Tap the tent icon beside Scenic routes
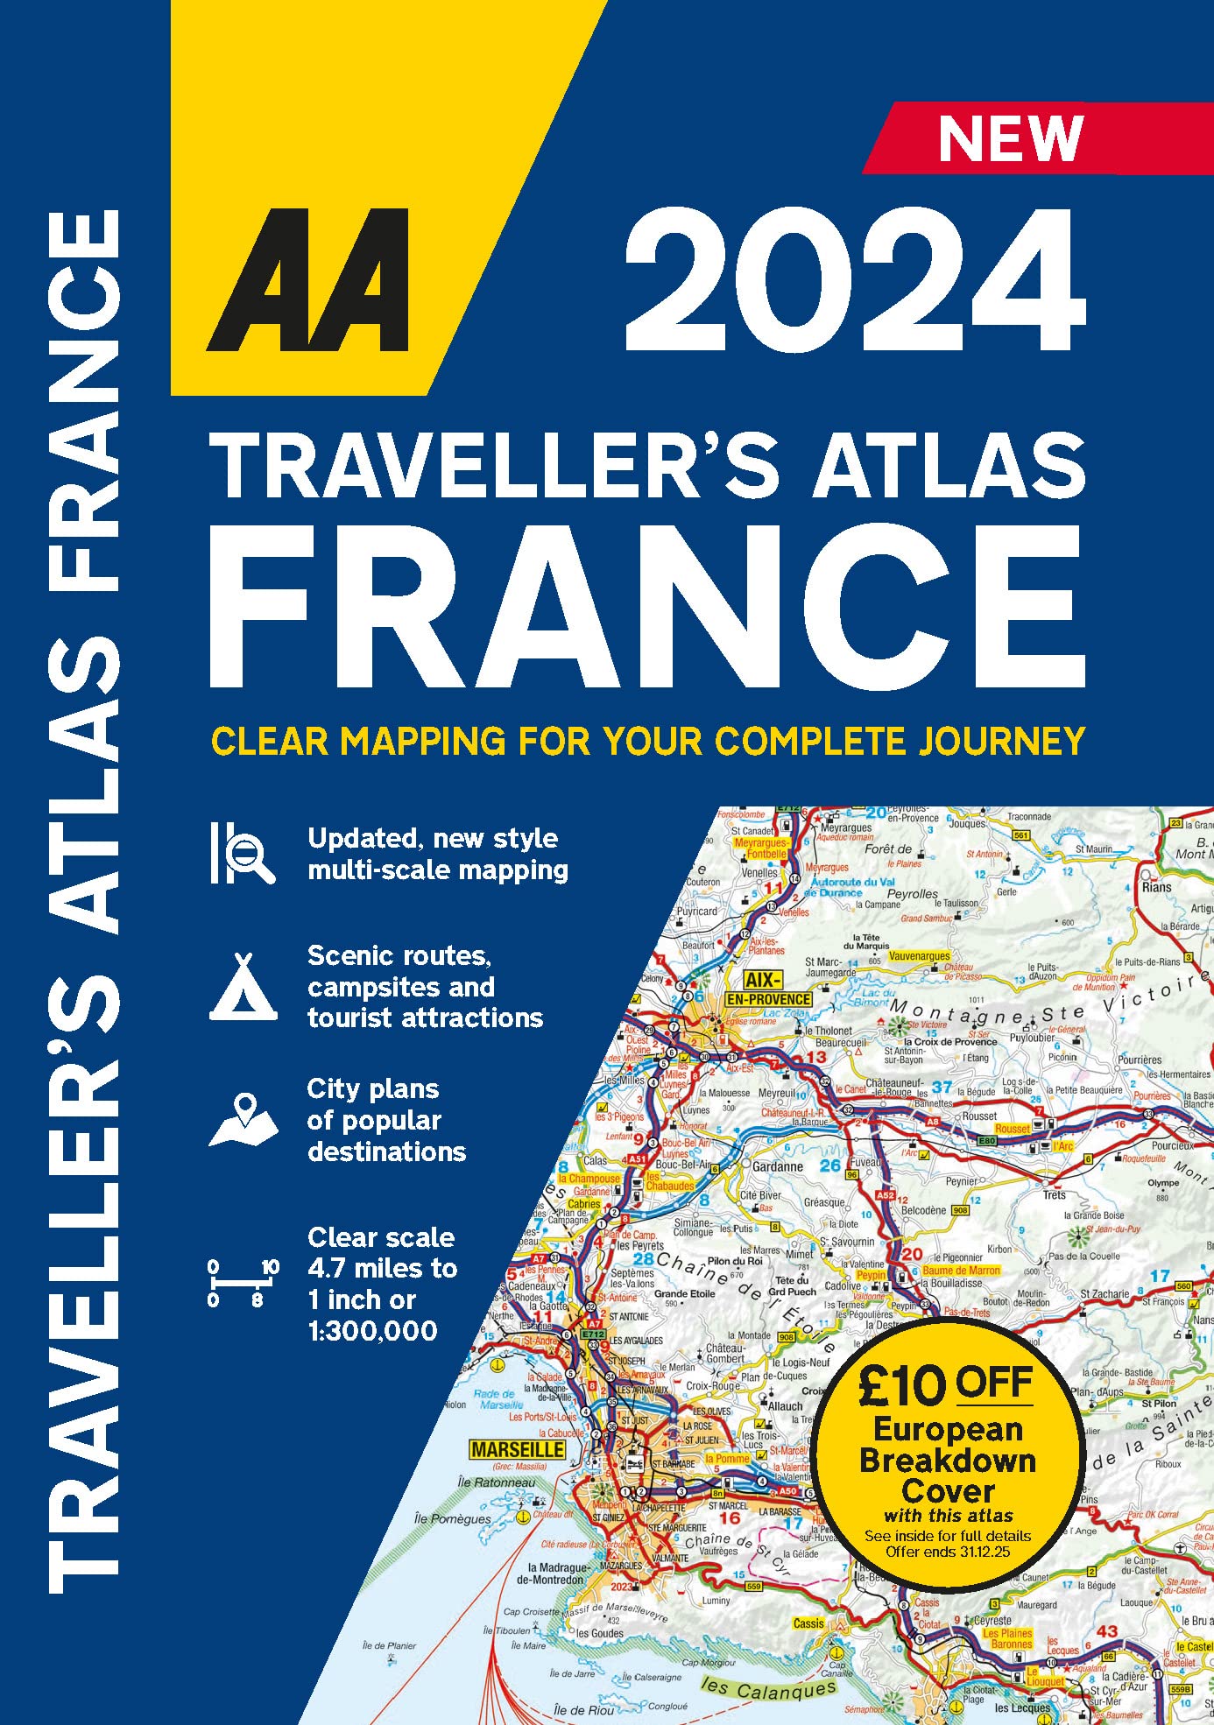point(243,987)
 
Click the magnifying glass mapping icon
point(243,853)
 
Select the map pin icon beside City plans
point(243,1120)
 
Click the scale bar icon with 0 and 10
point(243,1283)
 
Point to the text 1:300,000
point(372,1331)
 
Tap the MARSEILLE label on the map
point(518,1450)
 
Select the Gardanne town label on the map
point(778,1166)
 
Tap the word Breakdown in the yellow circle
point(948,1460)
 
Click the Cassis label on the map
point(808,1623)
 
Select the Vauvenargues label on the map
point(919,956)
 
